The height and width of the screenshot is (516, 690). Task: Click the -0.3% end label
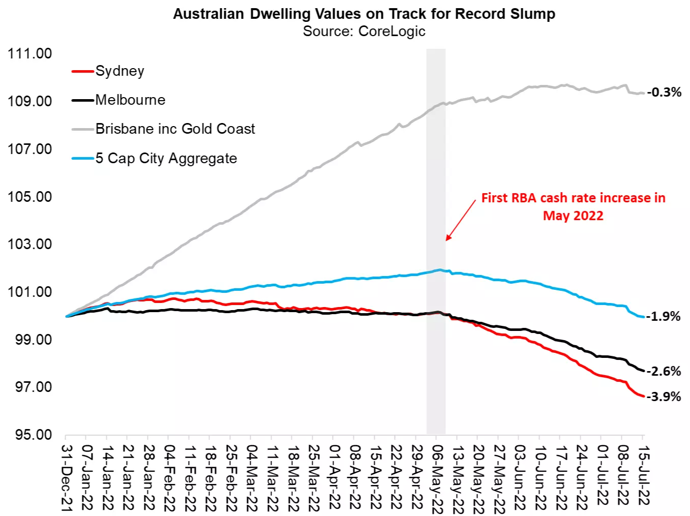(x=664, y=92)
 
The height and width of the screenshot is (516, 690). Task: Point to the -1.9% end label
(x=664, y=316)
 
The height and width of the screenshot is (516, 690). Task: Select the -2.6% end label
(x=664, y=371)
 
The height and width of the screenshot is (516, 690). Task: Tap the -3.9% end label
(x=664, y=397)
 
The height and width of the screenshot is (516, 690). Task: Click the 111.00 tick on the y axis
(x=29, y=53)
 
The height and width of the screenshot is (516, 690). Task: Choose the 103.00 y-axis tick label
(x=29, y=244)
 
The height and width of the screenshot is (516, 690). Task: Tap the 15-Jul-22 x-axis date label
(x=643, y=475)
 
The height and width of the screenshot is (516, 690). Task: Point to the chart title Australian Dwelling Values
(x=364, y=14)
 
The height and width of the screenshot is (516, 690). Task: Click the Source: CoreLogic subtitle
(x=364, y=31)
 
